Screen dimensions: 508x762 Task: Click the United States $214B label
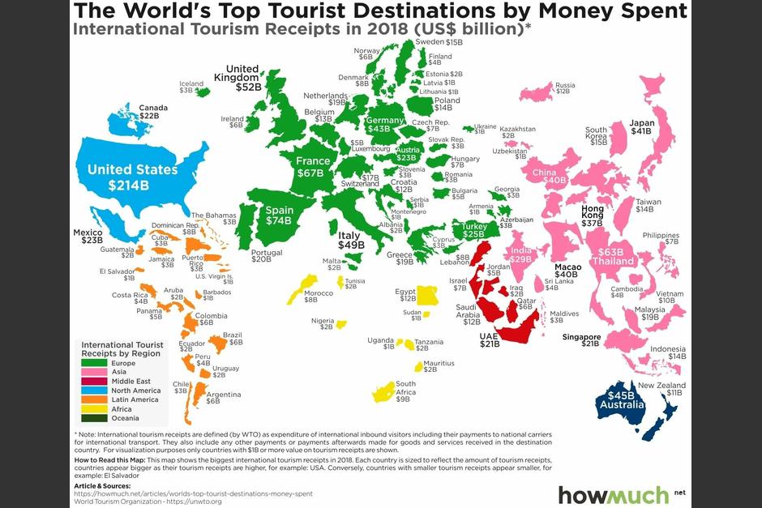click(132, 177)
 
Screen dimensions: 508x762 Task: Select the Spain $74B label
click(279, 215)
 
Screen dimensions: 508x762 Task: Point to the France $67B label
click(313, 166)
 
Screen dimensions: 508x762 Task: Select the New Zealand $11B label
click(661, 389)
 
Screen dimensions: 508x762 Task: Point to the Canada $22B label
click(153, 112)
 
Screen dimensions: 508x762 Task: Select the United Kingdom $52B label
click(242, 77)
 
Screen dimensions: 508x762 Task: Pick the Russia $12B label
click(564, 88)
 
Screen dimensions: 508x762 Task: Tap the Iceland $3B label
click(191, 87)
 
